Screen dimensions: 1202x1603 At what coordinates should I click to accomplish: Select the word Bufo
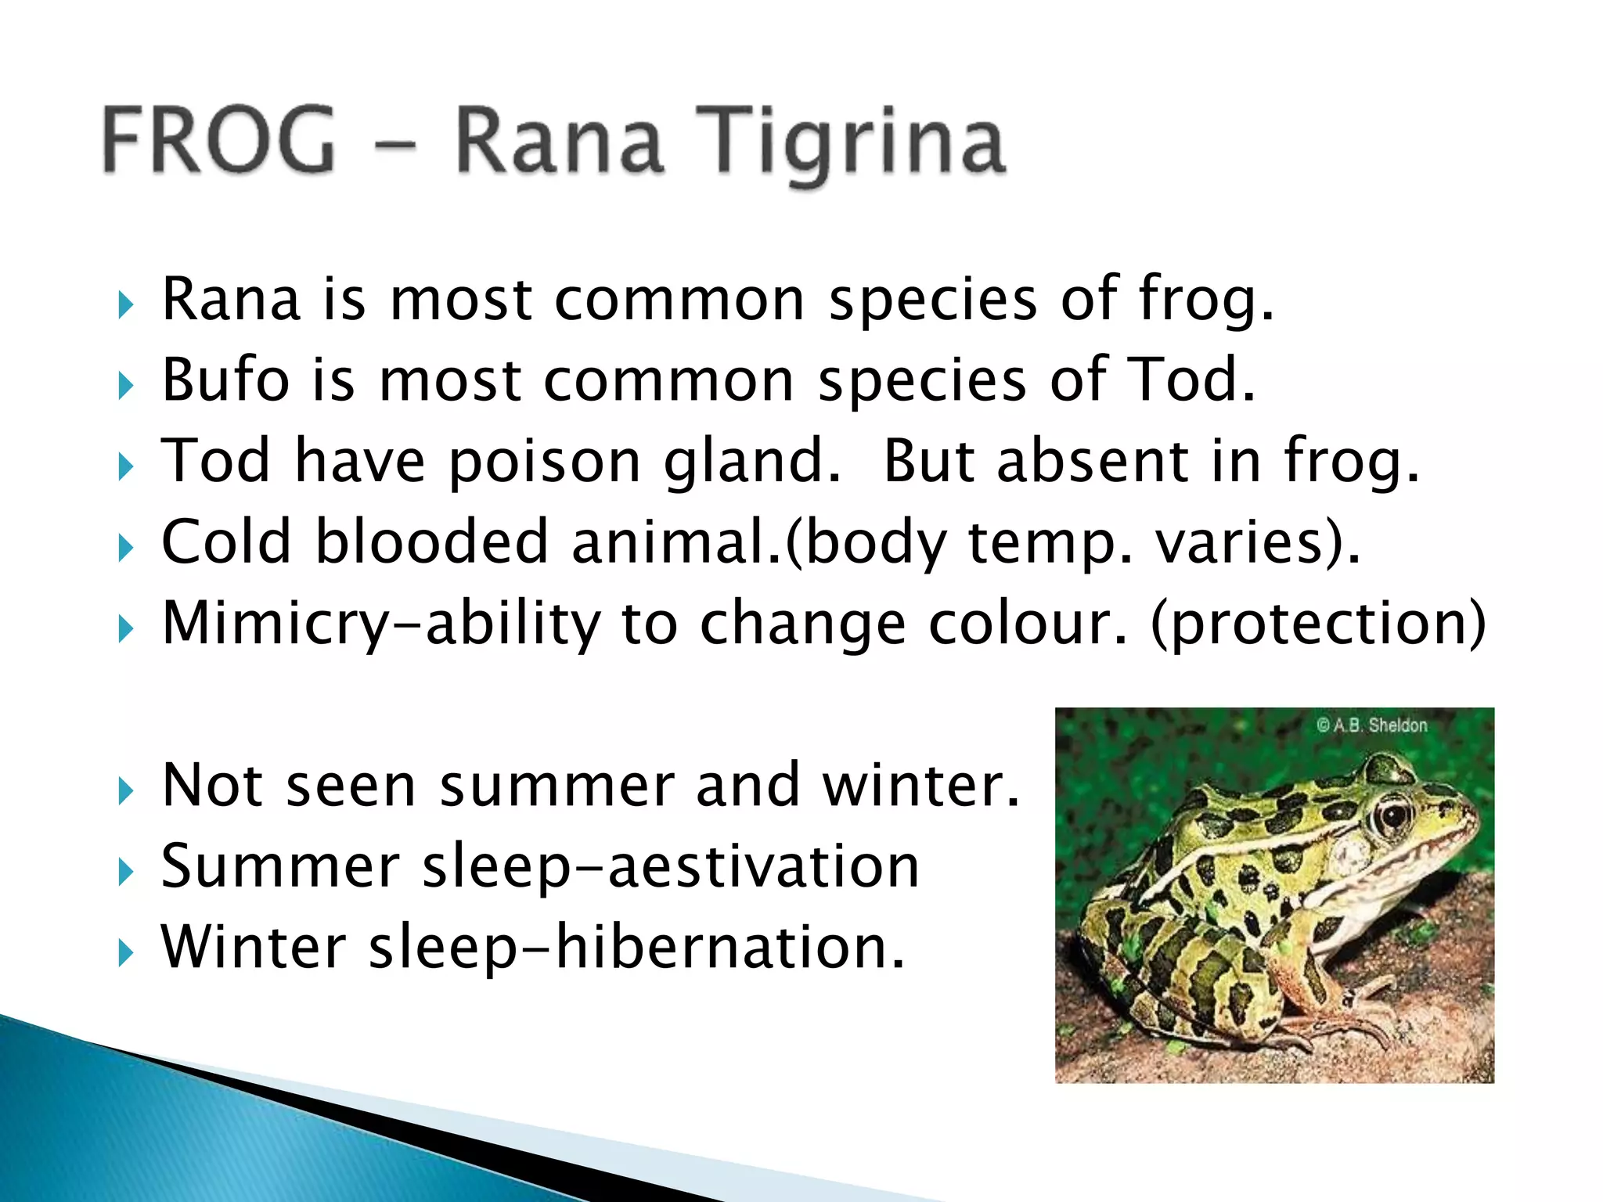(x=225, y=380)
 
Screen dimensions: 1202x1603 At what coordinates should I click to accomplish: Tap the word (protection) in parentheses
(x=1318, y=624)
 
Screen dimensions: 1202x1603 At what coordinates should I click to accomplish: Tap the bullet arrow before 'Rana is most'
(x=125, y=304)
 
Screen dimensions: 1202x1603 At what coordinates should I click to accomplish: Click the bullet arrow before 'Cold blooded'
(x=125, y=548)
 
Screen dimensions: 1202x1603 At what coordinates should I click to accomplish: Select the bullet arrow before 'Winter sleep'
(x=125, y=953)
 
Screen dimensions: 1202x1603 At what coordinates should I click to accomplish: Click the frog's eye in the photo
(x=1394, y=816)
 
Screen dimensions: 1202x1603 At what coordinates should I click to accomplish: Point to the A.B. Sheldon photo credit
(x=1371, y=725)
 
